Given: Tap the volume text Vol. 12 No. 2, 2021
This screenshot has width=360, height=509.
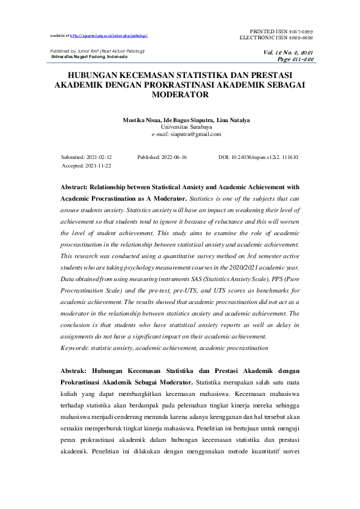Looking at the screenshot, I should click(289, 53).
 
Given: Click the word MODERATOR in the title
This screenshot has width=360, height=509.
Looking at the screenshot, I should click(180, 95).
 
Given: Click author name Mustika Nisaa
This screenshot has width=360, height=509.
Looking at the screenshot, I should click(142, 120).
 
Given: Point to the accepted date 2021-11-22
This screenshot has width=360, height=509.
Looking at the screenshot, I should click(99, 165).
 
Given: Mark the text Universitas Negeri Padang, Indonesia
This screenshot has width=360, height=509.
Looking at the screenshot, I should click(88, 57).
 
